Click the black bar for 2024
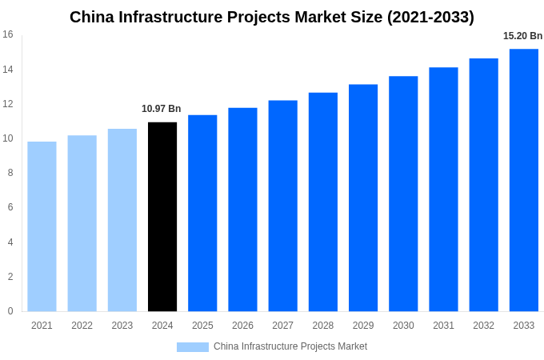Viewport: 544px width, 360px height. pyautogui.click(x=162, y=217)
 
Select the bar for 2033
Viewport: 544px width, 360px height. pyautogui.click(x=524, y=180)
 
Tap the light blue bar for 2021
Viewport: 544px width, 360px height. pyautogui.click(x=42, y=226)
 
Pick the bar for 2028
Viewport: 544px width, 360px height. pyautogui.click(x=323, y=202)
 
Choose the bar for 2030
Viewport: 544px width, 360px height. pyautogui.click(x=403, y=194)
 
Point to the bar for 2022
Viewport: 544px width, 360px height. pyautogui.click(x=82, y=223)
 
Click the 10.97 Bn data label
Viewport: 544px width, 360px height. pyautogui.click(x=162, y=109)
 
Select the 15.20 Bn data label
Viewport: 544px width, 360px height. pyautogui.click(x=522, y=36)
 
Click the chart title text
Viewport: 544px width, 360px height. pyautogui.click(x=272, y=17)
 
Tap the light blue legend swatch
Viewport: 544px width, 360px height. pyautogui.click(x=192, y=347)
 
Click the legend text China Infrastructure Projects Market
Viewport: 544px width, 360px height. pyautogui.click(x=290, y=346)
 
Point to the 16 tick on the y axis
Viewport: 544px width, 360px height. pyautogui.click(x=8, y=34)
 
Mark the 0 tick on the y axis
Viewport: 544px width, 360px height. pyautogui.click(x=10, y=311)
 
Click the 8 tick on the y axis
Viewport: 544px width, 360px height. pyautogui.click(x=10, y=173)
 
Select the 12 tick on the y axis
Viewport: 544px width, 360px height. pyautogui.click(x=8, y=104)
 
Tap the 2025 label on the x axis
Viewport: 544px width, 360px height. pyautogui.click(x=202, y=326)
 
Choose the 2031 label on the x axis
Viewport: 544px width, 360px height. pyautogui.click(x=443, y=326)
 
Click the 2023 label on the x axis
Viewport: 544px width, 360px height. pyautogui.click(x=122, y=326)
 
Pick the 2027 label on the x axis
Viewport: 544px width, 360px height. pyautogui.click(x=282, y=326)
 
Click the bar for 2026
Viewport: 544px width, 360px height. pyautogui.click(x=242, y=210)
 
